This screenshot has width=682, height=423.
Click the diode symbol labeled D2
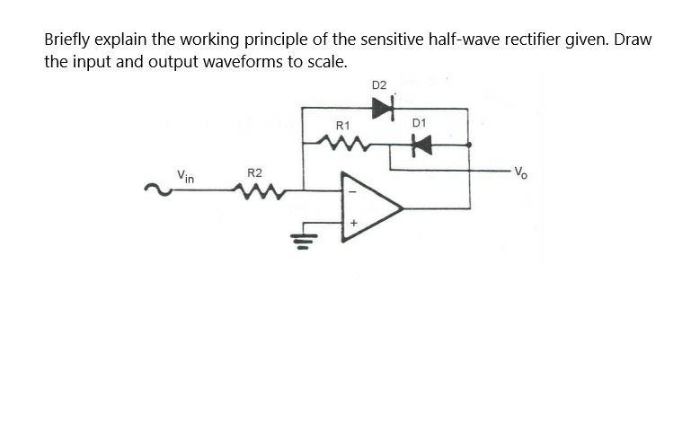[x=383, y=109]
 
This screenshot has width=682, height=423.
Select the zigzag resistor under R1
[x=341, y=142]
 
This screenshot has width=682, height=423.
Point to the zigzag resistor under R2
[x=254, y=189]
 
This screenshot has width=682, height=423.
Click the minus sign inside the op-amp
[x=353, y=191]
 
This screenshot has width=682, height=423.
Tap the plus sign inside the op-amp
[x=353, y=223]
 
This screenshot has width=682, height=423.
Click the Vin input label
[x=185, y=175]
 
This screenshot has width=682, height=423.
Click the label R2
[x=254, y=172]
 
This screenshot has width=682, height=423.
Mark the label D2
[x=378, y=85]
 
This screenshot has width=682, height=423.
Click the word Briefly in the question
[x=69, y=40]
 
